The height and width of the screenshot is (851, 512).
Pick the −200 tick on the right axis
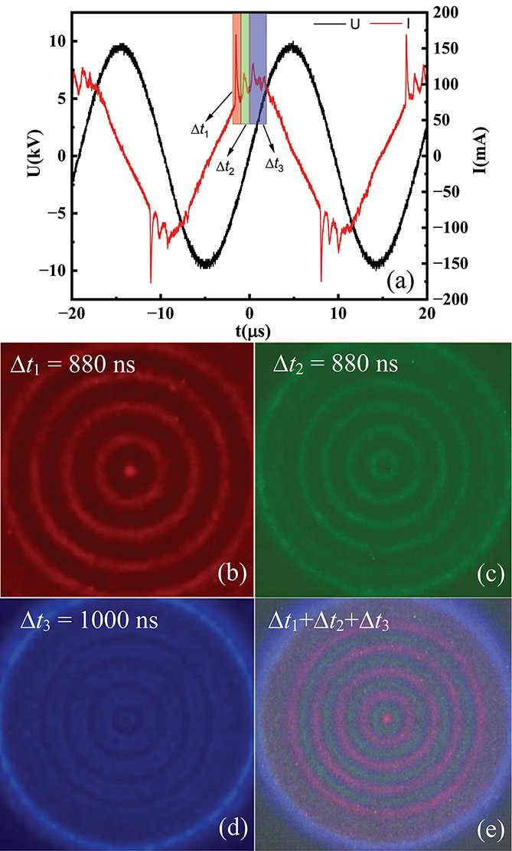pyautogui.click(x=444, y=300)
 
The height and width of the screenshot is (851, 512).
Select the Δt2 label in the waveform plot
pyautogui.click(x=225, y=167)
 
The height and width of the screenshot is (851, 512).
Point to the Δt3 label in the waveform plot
pyautogui.click(x=274, y=164)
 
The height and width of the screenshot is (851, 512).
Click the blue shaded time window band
pyautogui.click(x=258, y=69)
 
